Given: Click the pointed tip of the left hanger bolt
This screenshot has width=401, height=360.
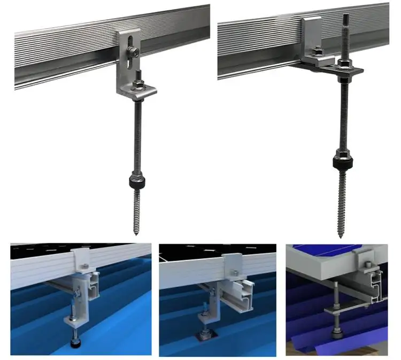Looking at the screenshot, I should pos(135,232).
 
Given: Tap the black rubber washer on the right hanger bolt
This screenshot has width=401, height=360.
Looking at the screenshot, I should pos(340,158).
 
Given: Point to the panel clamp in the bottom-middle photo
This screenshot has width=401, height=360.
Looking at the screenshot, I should pos(233,263).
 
